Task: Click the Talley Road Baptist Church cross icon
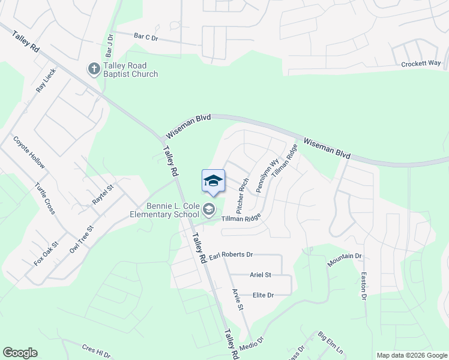(94, 69)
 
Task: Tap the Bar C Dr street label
(146, 37)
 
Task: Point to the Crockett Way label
(421, 63)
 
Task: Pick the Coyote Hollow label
(29, 152)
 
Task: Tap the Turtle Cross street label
(45, 199)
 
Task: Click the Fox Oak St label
(46, 253)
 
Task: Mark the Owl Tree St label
(82, 238)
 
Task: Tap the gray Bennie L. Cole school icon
(209, 209)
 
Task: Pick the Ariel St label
(261, 275)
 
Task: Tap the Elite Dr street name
(263, 295)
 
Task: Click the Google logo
(20, 353)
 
